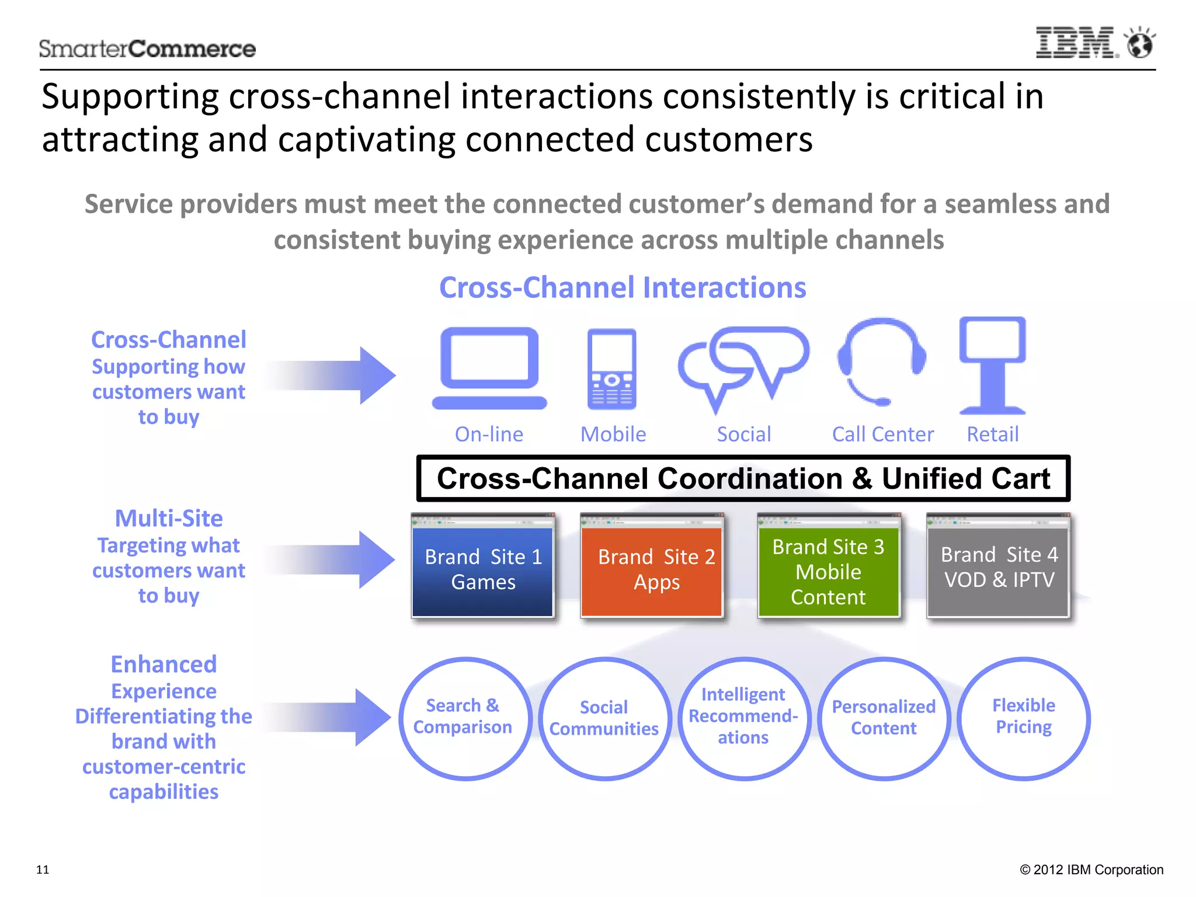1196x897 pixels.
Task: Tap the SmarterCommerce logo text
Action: click(147, 48)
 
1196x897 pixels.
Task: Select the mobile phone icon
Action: click(611, 369)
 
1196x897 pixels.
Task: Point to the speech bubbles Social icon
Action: click(743, 366)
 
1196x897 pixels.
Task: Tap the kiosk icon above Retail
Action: click(992, 365)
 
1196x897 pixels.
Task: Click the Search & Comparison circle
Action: click(464, 718)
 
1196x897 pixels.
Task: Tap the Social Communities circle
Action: click(604, 719)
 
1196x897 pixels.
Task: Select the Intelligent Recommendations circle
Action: click(744, 718)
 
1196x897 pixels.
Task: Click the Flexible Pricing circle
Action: click(1023, 718)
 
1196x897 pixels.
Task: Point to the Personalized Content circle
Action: click(884, 718)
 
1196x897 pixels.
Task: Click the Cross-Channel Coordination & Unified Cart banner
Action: click(743, 478)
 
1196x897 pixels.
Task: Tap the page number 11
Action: click(43, 870)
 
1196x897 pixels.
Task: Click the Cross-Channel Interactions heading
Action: click(623, 288)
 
